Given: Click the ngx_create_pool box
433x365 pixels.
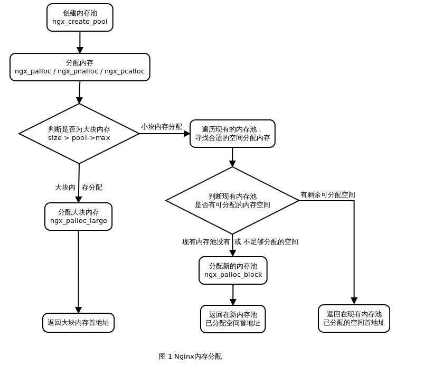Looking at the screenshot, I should point(80,17).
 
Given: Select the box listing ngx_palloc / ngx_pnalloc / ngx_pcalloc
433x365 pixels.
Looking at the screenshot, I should point(80,67).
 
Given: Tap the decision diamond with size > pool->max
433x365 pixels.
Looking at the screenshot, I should point(79,134).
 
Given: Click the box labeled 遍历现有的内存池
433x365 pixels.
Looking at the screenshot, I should point(232,134).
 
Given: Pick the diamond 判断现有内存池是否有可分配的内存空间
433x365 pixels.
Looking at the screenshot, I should point(232,200).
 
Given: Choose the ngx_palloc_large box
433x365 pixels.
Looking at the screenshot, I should point(78,217).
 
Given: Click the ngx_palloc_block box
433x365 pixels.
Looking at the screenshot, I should point(233,270).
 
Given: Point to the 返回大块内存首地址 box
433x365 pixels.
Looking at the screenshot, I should point(78,323).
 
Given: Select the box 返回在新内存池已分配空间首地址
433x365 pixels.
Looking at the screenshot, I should point(233,319).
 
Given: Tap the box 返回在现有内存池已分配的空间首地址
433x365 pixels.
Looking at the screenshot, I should point(354,319).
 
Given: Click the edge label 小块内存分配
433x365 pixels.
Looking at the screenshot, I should point(162,127).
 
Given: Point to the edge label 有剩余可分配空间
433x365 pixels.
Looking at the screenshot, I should point(327,195).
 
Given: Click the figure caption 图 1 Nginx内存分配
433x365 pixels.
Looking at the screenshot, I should point(190,357).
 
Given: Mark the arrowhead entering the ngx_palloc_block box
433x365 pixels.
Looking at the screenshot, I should point(232,253).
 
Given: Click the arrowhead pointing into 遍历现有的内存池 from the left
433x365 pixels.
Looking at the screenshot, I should point(186,134).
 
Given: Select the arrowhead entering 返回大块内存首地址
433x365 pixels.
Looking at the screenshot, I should point(78,310).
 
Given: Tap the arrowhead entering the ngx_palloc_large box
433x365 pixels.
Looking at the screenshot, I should point(78,199).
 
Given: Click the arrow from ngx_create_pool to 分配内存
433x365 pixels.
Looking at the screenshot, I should point(80,41).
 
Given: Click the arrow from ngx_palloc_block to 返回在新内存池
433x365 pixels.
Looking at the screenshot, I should point(233,294).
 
